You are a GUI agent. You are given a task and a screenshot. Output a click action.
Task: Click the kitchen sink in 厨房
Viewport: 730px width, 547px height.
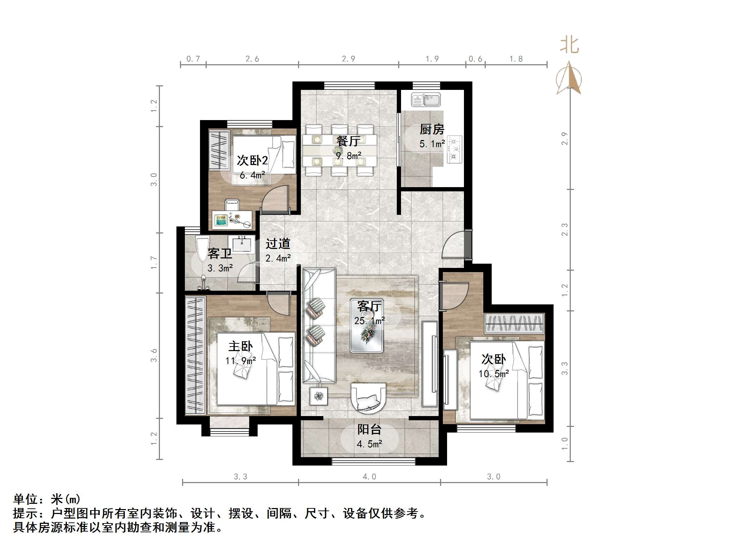426,100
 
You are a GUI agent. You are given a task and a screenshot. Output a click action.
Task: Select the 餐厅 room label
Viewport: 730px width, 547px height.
348,141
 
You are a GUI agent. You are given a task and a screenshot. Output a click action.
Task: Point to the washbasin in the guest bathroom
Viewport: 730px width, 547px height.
241,244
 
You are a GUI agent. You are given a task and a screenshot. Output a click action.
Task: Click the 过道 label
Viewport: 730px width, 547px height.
278,244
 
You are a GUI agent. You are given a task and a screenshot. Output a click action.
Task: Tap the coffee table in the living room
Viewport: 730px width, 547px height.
367,326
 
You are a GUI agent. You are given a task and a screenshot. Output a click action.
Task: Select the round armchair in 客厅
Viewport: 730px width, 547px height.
368,397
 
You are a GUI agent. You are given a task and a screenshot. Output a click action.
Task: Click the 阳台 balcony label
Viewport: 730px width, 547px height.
369,429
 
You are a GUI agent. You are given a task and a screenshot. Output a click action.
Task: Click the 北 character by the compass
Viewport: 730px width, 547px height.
569,46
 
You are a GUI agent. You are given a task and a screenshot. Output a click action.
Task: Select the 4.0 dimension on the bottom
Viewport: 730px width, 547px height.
369,476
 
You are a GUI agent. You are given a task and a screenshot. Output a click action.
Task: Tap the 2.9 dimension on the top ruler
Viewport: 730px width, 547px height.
348,59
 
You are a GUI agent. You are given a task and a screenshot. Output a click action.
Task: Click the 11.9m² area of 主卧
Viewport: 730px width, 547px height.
241,361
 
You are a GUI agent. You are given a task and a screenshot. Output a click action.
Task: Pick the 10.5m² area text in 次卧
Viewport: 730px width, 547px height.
493,374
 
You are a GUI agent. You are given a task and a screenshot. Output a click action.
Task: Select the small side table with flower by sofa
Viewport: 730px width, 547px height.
319,396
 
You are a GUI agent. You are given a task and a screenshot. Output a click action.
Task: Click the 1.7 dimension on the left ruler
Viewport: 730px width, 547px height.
154,263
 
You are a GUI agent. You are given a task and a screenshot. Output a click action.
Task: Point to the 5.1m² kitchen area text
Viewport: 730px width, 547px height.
432,144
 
